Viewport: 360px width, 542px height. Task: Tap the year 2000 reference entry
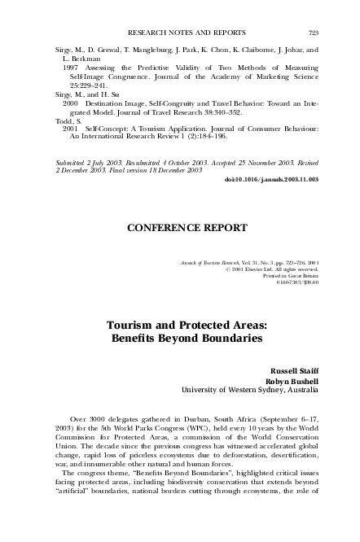(x=69, y=105)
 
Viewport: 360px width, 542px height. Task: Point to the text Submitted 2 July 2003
(x=86, y=162)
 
